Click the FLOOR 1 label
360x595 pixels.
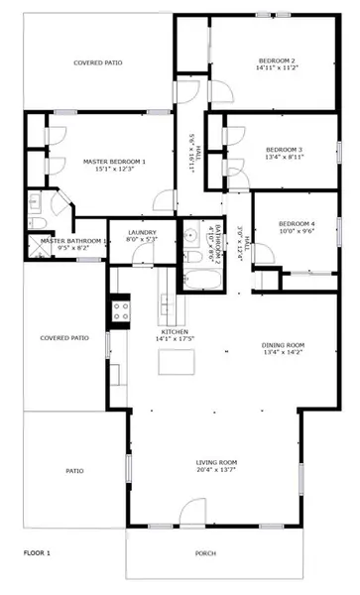(x=37, y=551)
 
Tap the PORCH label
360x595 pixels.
(x=205, y=553)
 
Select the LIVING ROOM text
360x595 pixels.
(x=216, y=462)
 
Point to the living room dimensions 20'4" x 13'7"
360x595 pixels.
(x=216, y=471)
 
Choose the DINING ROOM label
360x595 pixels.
(x=283, y=344)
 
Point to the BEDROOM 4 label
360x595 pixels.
(x=296, y=223)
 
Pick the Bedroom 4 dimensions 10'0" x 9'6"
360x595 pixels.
(x=296, y=232)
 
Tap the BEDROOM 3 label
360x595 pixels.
(x=283, y=149)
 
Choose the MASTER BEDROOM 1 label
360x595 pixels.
(x=114, y=161)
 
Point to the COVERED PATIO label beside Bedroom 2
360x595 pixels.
(x=98, y=62)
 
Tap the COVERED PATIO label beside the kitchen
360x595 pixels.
(x=64, y=338)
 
